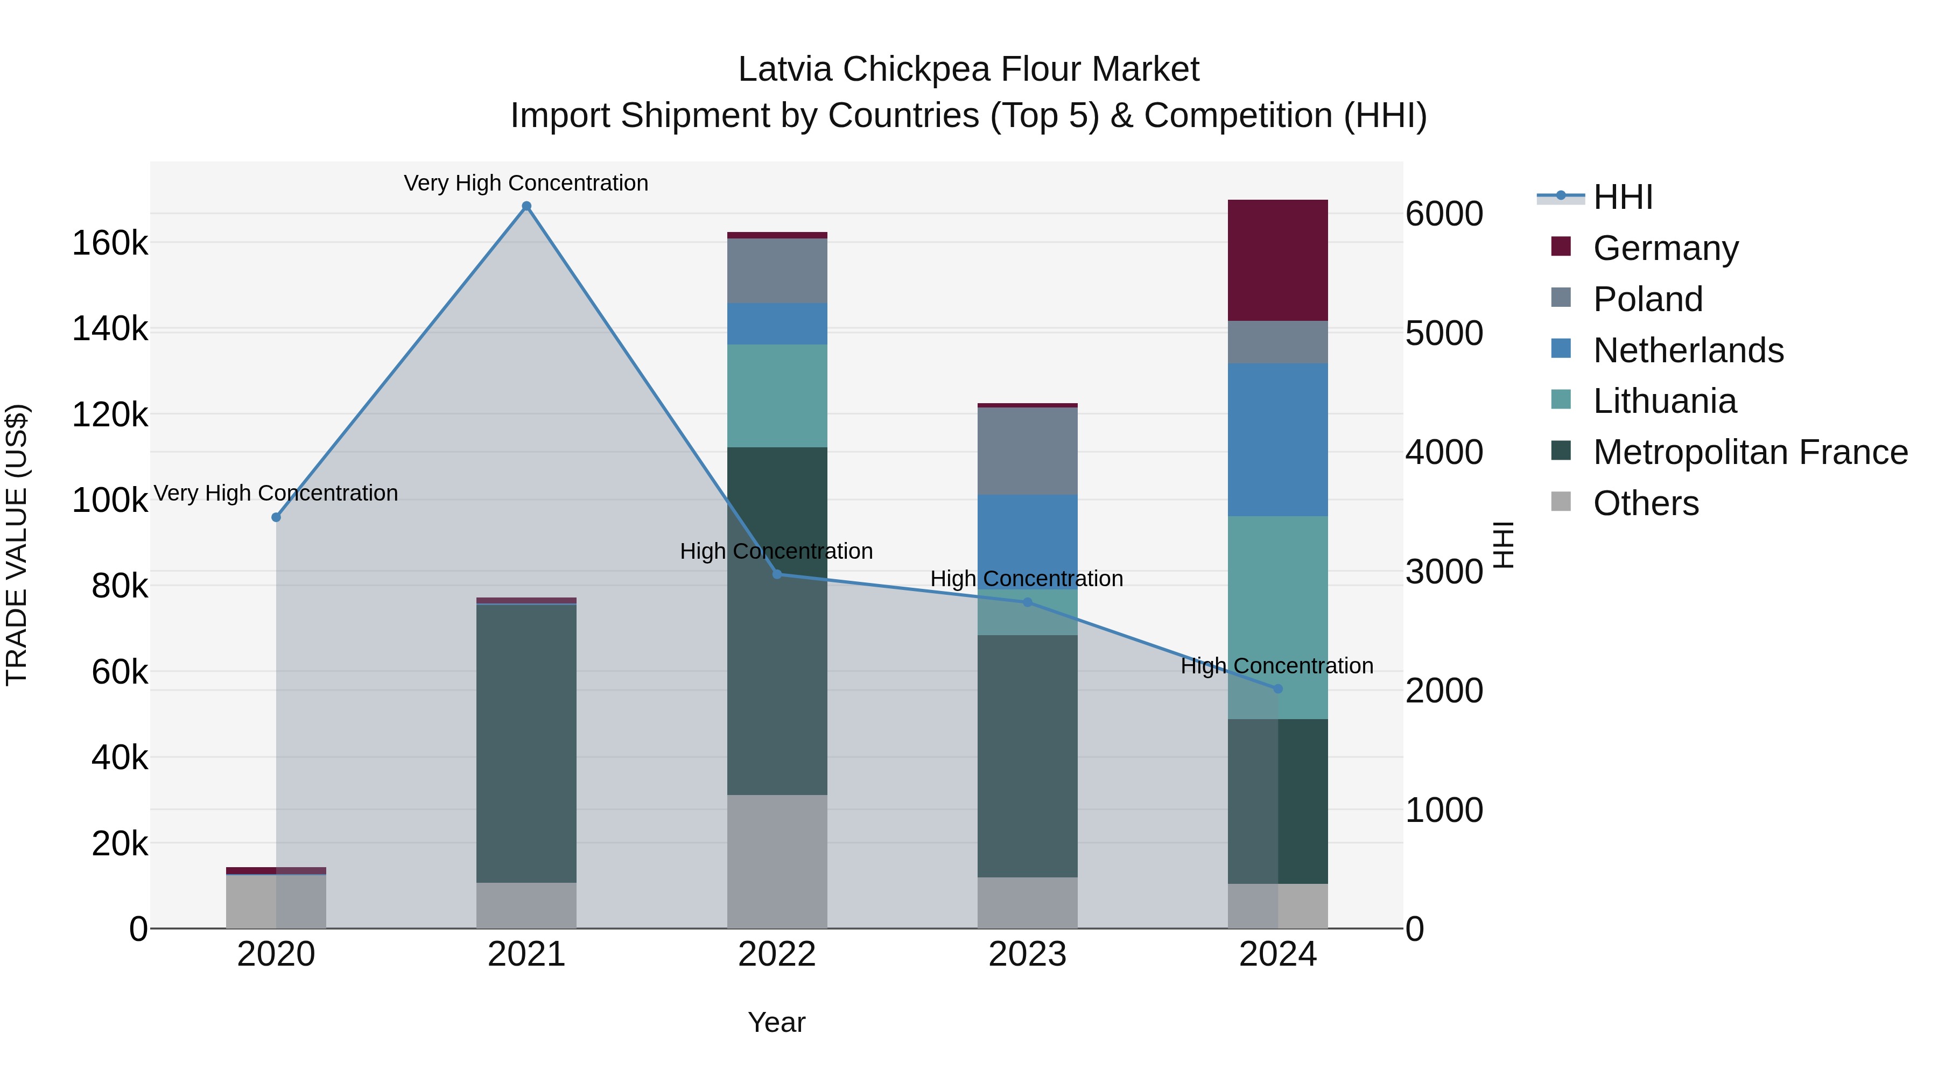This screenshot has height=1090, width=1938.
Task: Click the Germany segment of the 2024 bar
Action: coord(1277,261)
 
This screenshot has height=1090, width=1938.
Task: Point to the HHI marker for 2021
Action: coord(526,206)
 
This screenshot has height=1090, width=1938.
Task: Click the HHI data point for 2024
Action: coord(1277,688)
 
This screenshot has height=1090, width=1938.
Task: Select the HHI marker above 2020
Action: coord(276,517)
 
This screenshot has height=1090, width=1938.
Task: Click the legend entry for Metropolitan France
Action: coord(1750,452)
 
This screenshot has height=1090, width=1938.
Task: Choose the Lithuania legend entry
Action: coord(1664,401)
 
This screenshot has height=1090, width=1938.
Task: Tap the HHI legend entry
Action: coord(1622,197)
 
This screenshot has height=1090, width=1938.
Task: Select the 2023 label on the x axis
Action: coord(1027,954)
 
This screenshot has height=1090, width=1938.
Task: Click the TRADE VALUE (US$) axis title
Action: coord(17,545)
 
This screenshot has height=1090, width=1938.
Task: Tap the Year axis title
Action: coord(776,1022)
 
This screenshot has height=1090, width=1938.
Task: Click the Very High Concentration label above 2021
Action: coord(526,183)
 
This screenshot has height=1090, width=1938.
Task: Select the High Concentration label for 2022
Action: coord(776,551)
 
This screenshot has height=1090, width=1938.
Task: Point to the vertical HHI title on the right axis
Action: coord(1503,545)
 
